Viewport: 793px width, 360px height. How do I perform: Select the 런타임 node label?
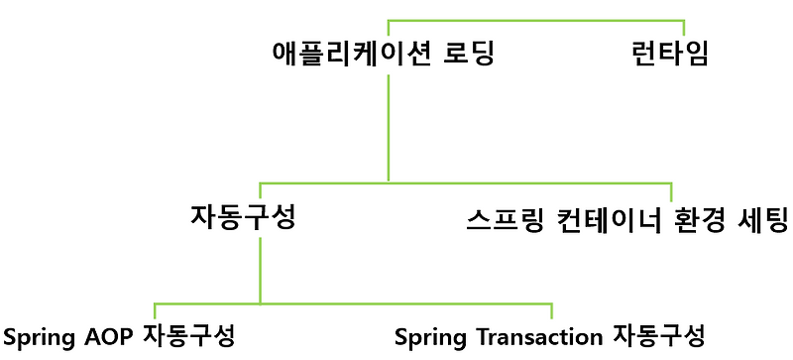tap(670, 53)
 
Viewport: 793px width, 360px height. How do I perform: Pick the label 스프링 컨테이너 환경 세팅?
tap(626, 219)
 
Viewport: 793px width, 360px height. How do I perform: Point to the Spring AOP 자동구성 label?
tap(119, 335)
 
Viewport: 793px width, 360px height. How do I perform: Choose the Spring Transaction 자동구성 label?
tap(549, 335)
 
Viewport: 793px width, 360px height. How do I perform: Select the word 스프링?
tap(502, 219)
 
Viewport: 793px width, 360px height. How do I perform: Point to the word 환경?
tap(696, 219)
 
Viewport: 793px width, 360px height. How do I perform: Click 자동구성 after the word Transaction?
tap(659, 335)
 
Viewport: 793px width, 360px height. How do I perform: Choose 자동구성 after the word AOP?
tap(189, 335)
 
